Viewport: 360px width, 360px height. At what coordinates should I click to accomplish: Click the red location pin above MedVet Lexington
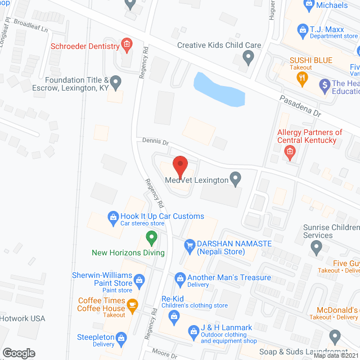[x=179, y=166]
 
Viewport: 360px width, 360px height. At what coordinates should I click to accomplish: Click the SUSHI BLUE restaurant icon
[x=303, y=77]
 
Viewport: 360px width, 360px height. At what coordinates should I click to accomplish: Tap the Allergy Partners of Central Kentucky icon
[x=290, y=151]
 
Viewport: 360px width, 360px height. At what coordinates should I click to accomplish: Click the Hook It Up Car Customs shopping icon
[x=112, y=217]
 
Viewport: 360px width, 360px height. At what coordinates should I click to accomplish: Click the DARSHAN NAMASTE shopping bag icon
[x=189, y=244]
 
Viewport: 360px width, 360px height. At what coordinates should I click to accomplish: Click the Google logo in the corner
[x=19, y=353]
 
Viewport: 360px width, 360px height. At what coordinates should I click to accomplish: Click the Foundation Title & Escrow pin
[x=116, y=83]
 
